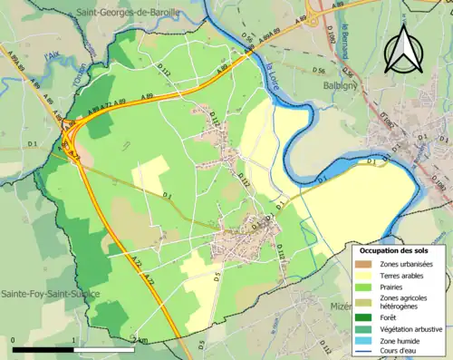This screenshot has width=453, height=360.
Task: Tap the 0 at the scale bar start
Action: pyautogui.click(x=14, y=341)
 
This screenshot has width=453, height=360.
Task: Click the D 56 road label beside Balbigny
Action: pyautogui.click(x=318, y=70)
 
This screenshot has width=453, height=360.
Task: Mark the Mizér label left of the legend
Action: pyautogui.click(x=339, y=306)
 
